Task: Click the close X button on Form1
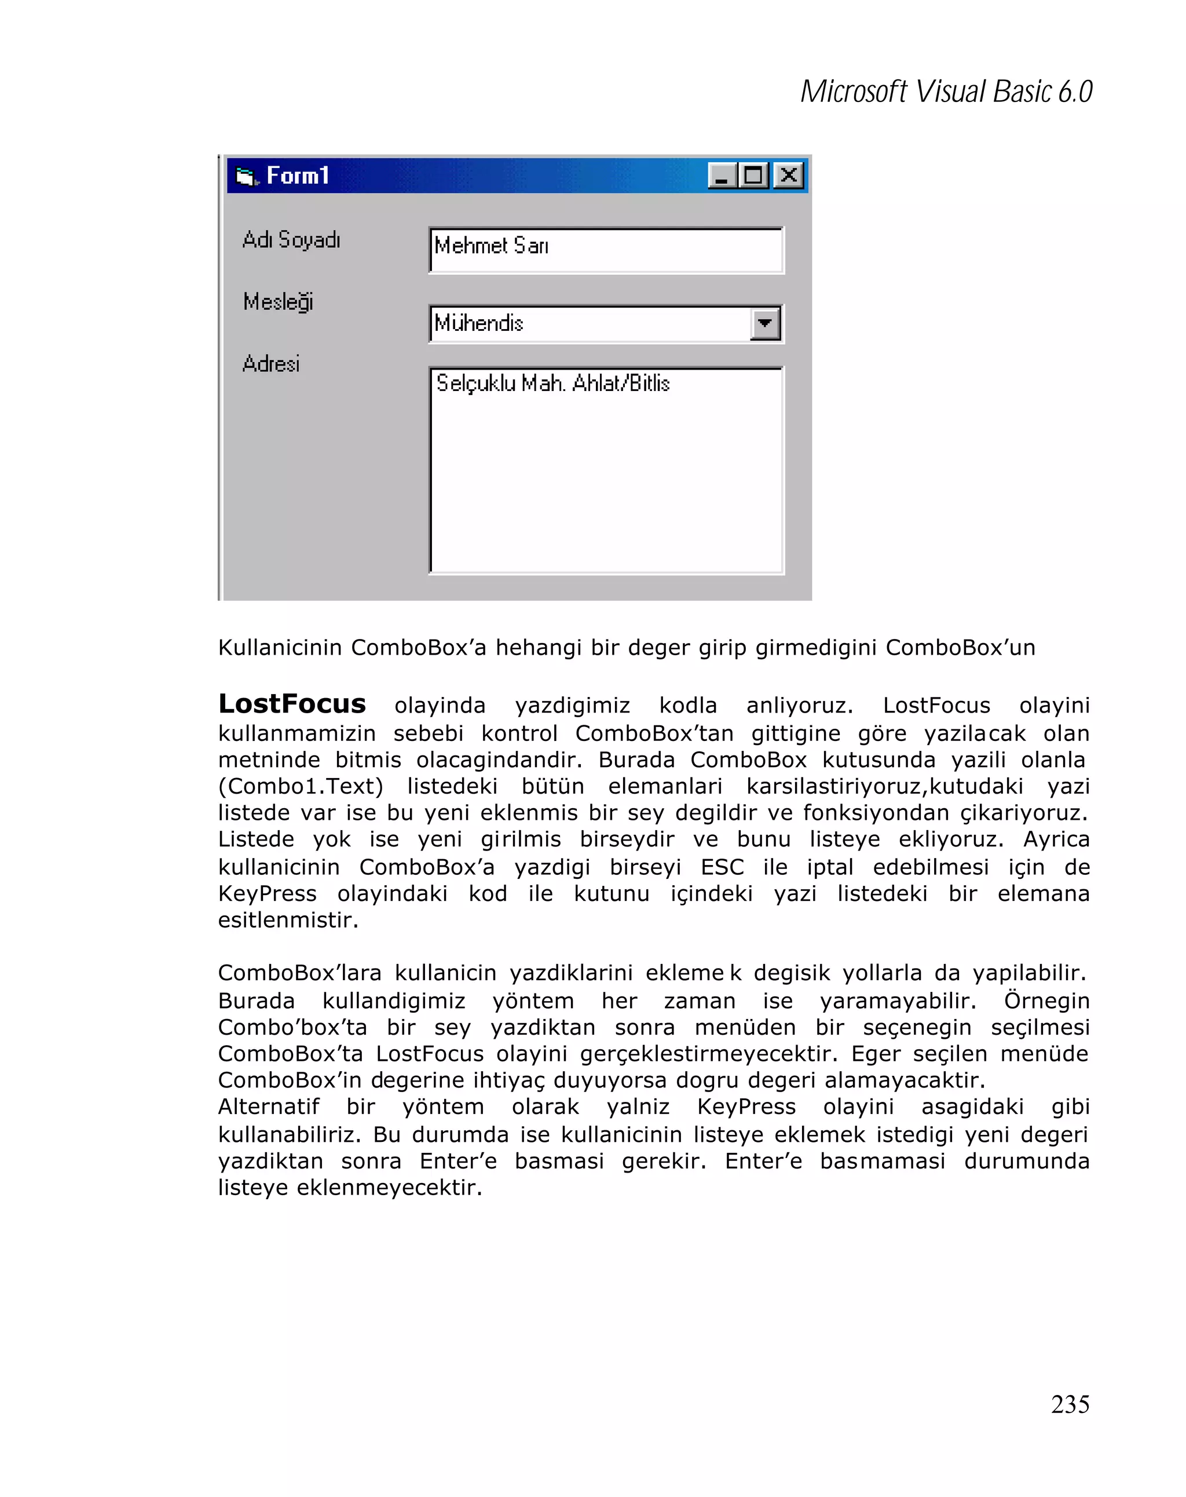(x=788, y=175)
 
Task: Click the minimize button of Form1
(x=722, y=175)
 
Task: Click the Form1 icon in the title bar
(x=246, y=176)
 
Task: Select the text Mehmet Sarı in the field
(x=491, y=246)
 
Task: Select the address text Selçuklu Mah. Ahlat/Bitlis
(x=552, y=384)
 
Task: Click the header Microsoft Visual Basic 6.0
(x=946, y=92)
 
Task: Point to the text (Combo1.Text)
(x=301, y=786)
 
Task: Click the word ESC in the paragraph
(x=722, y=867)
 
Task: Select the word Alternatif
(x=269, y=1106)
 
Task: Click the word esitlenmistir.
(x=288, y=920)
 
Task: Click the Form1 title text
(x=298, y=176)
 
